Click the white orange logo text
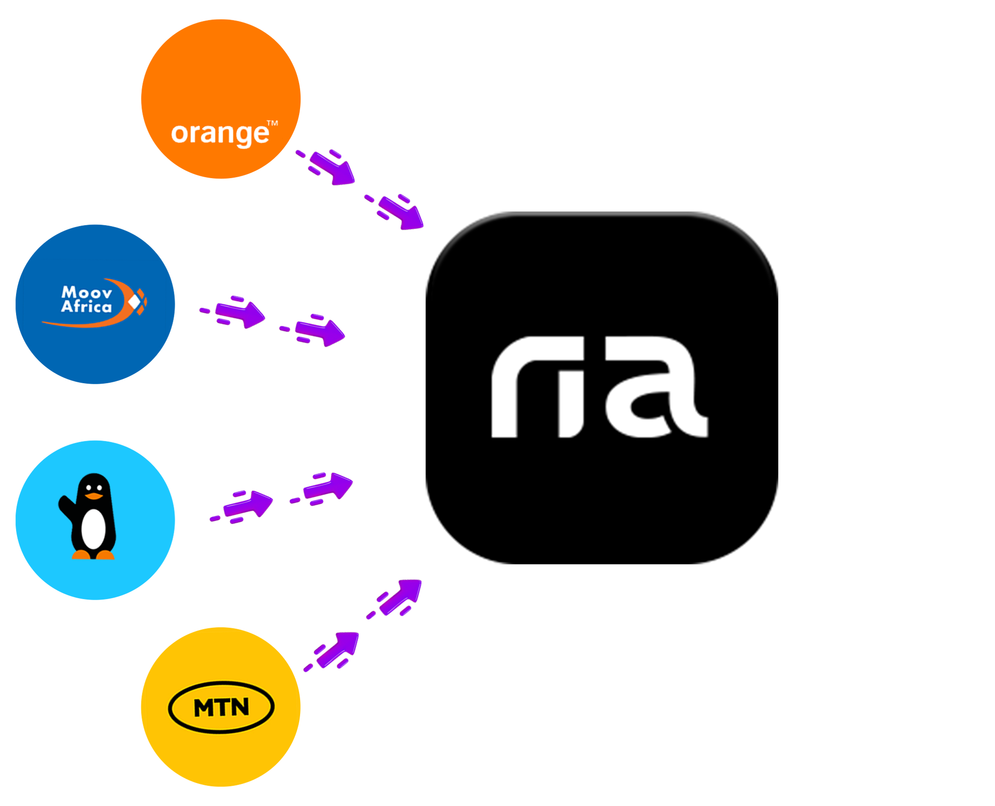220,134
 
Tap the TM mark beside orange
272,123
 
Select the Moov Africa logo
94,302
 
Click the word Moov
87,293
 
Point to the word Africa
86,307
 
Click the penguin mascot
90,516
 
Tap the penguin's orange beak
93,496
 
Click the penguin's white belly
93,528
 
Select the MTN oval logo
221,707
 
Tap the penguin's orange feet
93,555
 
